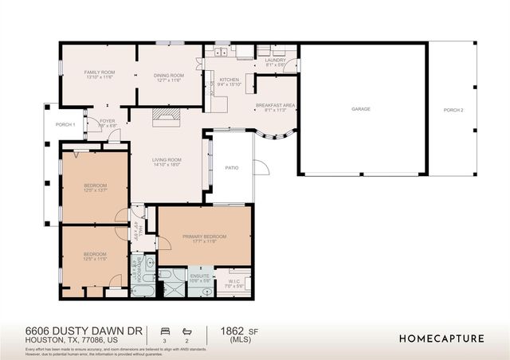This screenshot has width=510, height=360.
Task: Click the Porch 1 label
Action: click(65, 124)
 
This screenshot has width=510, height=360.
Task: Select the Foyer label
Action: click(107, 123)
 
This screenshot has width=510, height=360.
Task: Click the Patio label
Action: click(232, 167)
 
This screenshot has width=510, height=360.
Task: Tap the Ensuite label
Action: click(199, 276)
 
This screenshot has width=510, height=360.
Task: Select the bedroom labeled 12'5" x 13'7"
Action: click(95, 187)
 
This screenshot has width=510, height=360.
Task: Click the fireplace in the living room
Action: click(166, 117)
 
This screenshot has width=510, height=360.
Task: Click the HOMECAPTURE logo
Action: click(441, 338)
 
